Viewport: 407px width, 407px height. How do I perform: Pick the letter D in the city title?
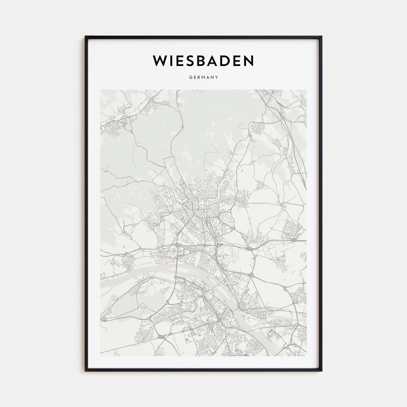[224, 60]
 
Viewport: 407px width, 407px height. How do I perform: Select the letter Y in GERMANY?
[217, 78]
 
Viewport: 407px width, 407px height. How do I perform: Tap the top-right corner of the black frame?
[322, 37]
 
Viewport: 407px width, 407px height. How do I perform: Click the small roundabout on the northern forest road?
[182, 127]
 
